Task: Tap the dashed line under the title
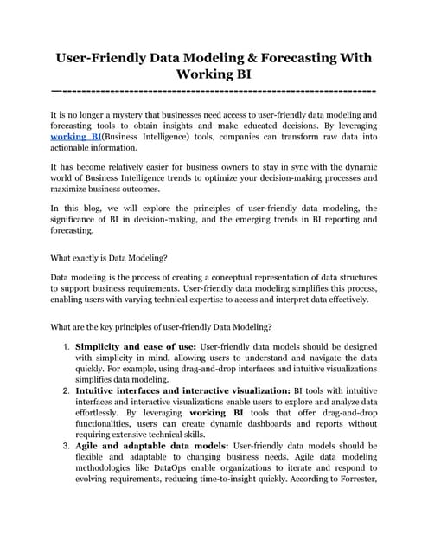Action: [x=214, y=90]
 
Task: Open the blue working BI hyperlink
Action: [x=73, y=137]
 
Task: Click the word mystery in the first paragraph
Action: [x=142, y=114]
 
